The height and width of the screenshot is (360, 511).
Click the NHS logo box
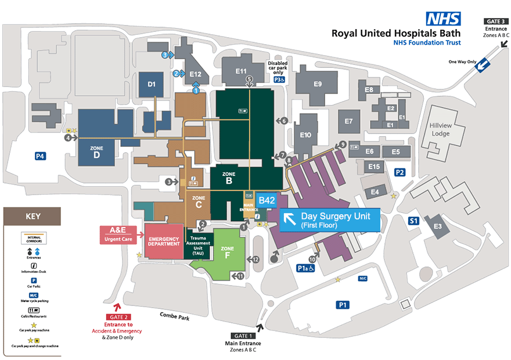click(444, 19)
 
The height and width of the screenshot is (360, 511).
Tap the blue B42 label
click(267, 200)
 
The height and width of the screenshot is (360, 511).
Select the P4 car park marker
click(40, 156)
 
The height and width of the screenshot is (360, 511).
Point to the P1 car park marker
click(343, 304)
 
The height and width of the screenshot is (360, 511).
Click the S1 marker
click(413, 221)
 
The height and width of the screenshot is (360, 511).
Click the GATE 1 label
click(244, 336)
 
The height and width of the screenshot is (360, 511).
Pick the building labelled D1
click(152, 84)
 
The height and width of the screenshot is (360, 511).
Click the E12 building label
click(195, 74)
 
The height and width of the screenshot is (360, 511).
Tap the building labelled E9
click(318, 84)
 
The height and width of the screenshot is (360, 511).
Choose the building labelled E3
click(437, 226)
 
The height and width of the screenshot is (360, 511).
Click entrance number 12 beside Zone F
click(254, 259)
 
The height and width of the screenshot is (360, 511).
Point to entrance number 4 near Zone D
click(69, 138)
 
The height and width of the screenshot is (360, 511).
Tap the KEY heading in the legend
click(33, 217)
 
